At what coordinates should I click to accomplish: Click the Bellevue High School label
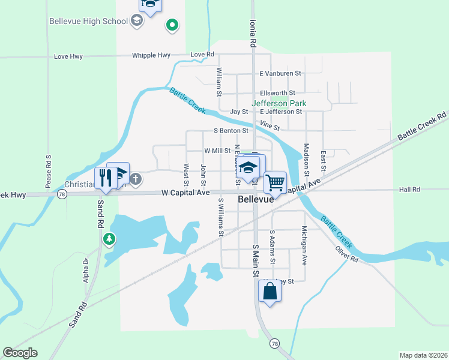89,22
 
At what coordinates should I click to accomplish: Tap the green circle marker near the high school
172,25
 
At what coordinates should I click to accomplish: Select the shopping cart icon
275,181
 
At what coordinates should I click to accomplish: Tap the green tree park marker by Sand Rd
109,240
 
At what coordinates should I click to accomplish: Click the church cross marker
136,178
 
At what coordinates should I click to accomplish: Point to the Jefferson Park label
279,103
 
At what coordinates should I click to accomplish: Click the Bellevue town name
256,200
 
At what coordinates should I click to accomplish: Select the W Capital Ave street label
185,193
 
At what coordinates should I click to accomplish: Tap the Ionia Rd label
253,33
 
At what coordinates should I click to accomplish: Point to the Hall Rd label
409,190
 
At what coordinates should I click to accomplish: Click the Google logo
20,352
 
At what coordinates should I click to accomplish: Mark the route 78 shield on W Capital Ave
61,194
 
